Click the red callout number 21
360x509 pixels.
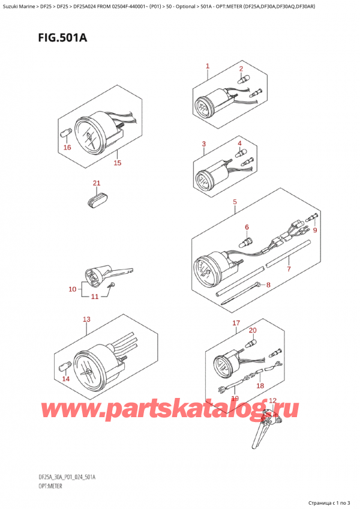click(97, 183)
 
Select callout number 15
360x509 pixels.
click(117, 162)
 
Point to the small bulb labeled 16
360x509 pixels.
click(64, 134)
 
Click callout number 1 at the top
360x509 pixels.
click(208, 66)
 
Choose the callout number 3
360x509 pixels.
click(203, 144)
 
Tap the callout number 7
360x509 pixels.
click(289, 268)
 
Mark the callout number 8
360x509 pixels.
click(268, 285)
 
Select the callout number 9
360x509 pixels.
click(314, 230)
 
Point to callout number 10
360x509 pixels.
click(73, 289)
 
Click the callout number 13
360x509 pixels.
click(86, 319)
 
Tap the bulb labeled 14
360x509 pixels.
click(63, 367)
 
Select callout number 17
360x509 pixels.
click(236, 323)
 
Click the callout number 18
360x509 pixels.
click(260, 385)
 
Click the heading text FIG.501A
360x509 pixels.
click(62, 38)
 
